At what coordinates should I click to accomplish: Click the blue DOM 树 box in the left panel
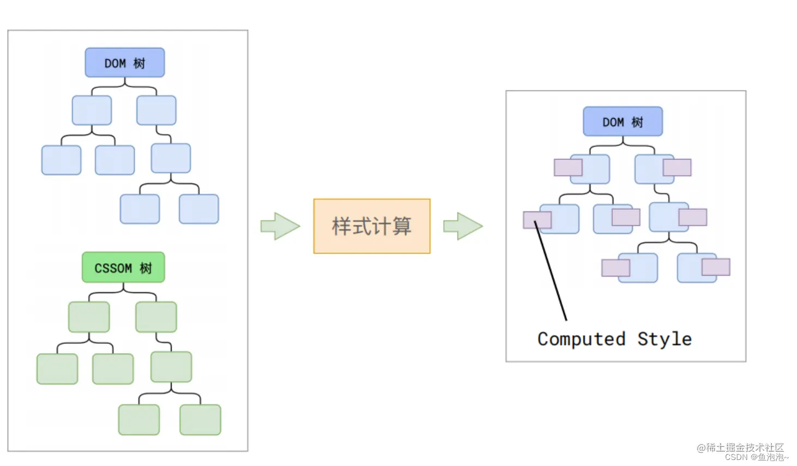click(124, 63)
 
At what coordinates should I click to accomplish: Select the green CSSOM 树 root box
click(123, 268)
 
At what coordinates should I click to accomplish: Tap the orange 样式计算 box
click(372, 226)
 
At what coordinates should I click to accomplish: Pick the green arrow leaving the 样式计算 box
click(463, 226)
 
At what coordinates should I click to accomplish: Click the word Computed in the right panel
click(581, 339)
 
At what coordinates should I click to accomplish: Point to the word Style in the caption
click(665, 339)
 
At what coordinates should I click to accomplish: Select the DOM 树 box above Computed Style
click(623, 122)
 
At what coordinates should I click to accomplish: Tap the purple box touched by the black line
click(537, 220)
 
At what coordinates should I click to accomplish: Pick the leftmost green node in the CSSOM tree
click(57, 369)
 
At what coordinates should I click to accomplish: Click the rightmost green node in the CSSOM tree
click(200, 420)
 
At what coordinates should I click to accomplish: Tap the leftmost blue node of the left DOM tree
click(61, 160)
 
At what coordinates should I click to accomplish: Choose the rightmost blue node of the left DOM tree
click(198, 209)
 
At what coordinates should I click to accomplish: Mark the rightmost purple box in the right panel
click(716, 267)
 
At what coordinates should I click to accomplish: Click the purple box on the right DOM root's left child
click(568, 167)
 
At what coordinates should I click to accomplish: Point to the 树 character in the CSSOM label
click(146, 268)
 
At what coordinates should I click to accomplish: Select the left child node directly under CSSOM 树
click(89, 317)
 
